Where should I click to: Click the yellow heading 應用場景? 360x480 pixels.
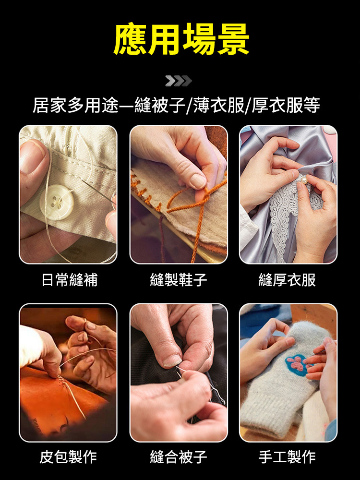point(181,39)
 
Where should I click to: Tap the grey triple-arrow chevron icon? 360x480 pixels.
point(179,81)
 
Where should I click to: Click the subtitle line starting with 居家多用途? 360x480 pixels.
point(176,105)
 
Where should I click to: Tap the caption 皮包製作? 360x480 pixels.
point(68,456)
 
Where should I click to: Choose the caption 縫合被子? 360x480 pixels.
point(179,456)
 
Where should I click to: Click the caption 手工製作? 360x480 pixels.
point(287,456)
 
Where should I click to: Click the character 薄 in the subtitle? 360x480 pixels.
point(204,105)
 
